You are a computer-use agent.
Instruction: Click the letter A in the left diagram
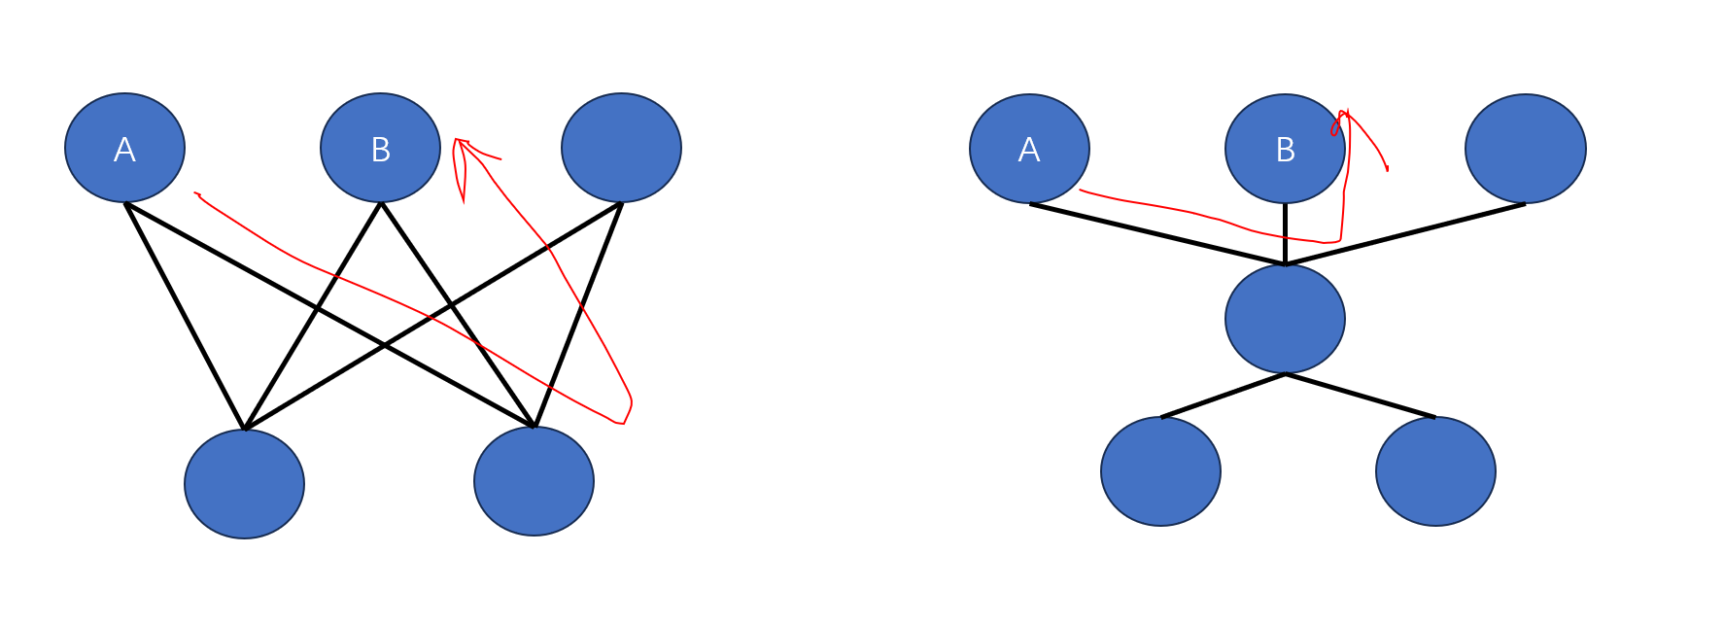point(124,150)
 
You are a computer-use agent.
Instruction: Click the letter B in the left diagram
point(380,150)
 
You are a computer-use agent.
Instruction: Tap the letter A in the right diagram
point(1029,150)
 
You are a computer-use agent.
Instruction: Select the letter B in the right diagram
point(1285,150)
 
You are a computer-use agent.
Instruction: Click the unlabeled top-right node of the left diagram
point(621,148)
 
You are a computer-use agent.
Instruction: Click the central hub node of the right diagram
point(1285,318)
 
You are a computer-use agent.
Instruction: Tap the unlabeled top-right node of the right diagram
point(1525,149)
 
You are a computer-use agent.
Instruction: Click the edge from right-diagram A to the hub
point(1156,233)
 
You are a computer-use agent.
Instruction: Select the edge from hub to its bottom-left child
point(1223,396)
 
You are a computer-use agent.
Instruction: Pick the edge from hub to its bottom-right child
point(1361,396)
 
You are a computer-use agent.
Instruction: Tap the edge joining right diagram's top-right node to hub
point(1404,234)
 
